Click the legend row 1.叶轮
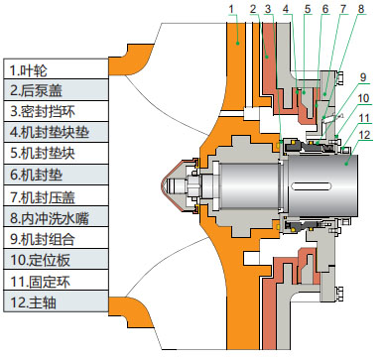56,69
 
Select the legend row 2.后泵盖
56,89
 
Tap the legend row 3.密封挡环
56,111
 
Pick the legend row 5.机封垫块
56,154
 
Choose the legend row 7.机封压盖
56,196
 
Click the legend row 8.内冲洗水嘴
56,217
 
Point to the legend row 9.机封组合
56,238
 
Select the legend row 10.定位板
56,259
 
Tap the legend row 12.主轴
56,301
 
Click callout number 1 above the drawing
231,9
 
